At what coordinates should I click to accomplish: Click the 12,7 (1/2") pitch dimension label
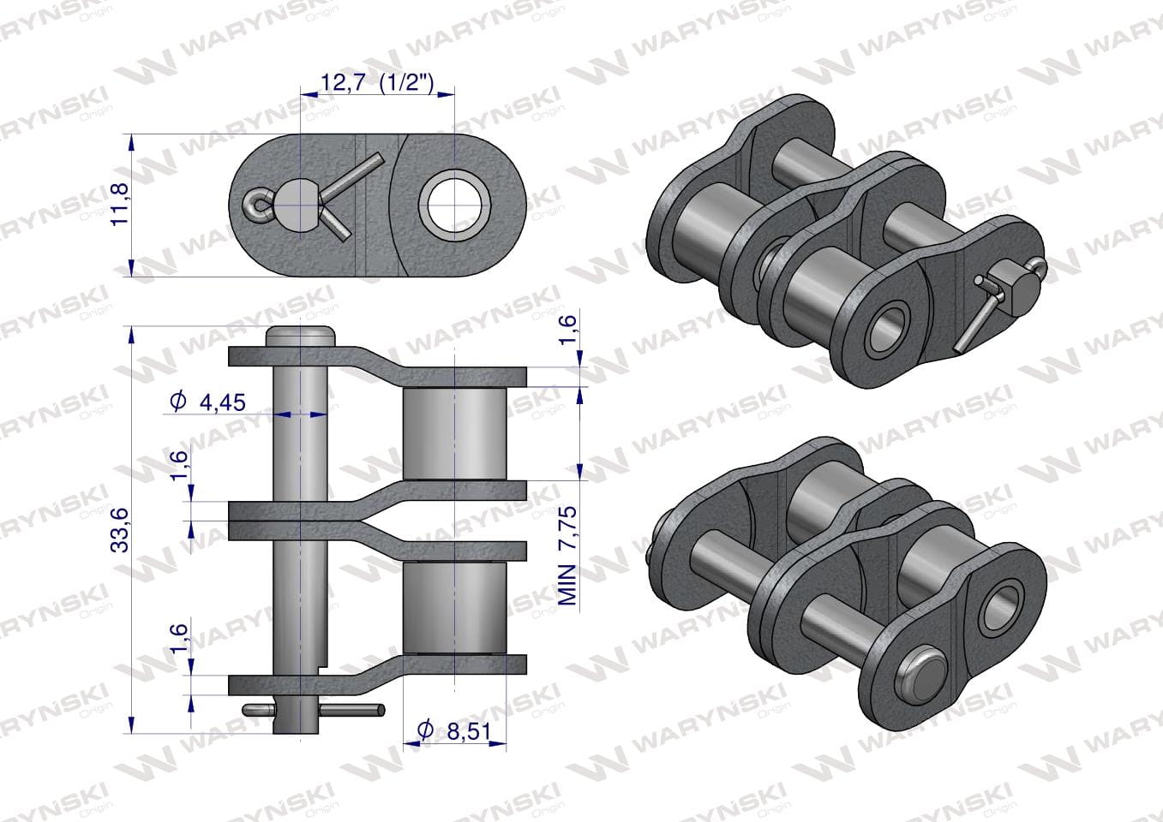tap(377, 83)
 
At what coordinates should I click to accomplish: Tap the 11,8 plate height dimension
tap(120, 205)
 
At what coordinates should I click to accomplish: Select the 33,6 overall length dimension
tap(120, 530)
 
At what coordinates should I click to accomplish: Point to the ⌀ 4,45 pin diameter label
tap(207, 402)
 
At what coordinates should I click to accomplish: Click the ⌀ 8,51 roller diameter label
tap(454, 731)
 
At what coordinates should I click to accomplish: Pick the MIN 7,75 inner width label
tap(568, 556)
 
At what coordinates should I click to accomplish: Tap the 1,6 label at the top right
tap(568, 330)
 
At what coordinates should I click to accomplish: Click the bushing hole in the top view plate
tap(455, 205)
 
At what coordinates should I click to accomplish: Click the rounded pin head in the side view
tap(300, 337)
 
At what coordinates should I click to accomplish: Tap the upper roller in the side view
tap(455, 433)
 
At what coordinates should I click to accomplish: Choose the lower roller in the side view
tap(455, 608)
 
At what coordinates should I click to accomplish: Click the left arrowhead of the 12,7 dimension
tap(309, 95)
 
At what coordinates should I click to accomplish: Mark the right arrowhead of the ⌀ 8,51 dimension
tap(498, 744)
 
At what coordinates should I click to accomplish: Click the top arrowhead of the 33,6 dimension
tap(132, 335)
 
